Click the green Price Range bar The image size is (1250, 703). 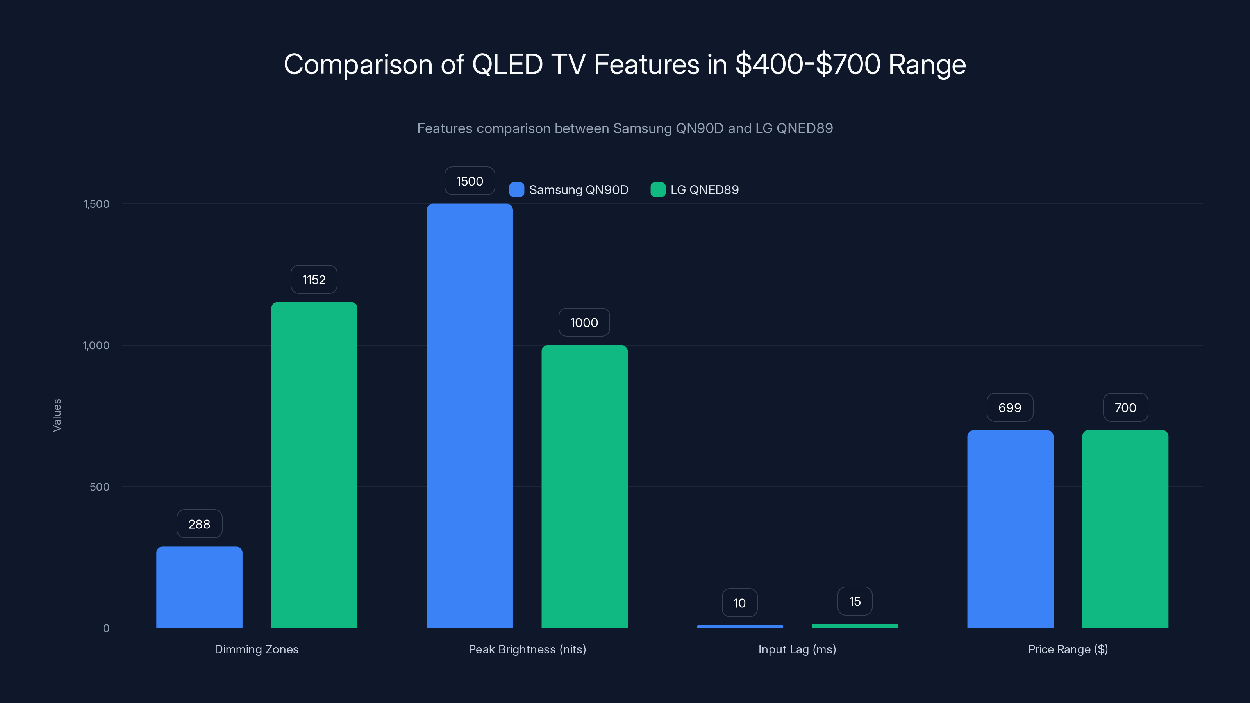pyautogui.click(x=1125, y=529)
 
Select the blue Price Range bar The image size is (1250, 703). pyautogui.click(x=1010, y=529)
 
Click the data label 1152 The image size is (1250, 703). pyautogui.click(x=314, y=280)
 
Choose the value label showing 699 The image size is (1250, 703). pyautogui.click(x=1010, y=407)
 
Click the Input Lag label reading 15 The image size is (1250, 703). pyautogui.click(x=855, y=601)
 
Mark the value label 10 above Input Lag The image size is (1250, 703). pyautogui.click(x=739, y=603)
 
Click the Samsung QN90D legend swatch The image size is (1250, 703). pyautogui.click(x=516, y=190)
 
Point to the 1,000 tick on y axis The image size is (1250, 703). pyautogui.click(x=96, y=345)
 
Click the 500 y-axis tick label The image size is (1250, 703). pyautogui.click(x=100, y=487)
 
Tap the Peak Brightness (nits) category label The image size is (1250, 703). pyautogui.click(x=527, y=649)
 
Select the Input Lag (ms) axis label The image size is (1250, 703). pyautogui.click(x=797, y=649)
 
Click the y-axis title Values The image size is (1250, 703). pyautogui.click(x=57, y=415)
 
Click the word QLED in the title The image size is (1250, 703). pyautogui.click(x=507, y=64)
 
